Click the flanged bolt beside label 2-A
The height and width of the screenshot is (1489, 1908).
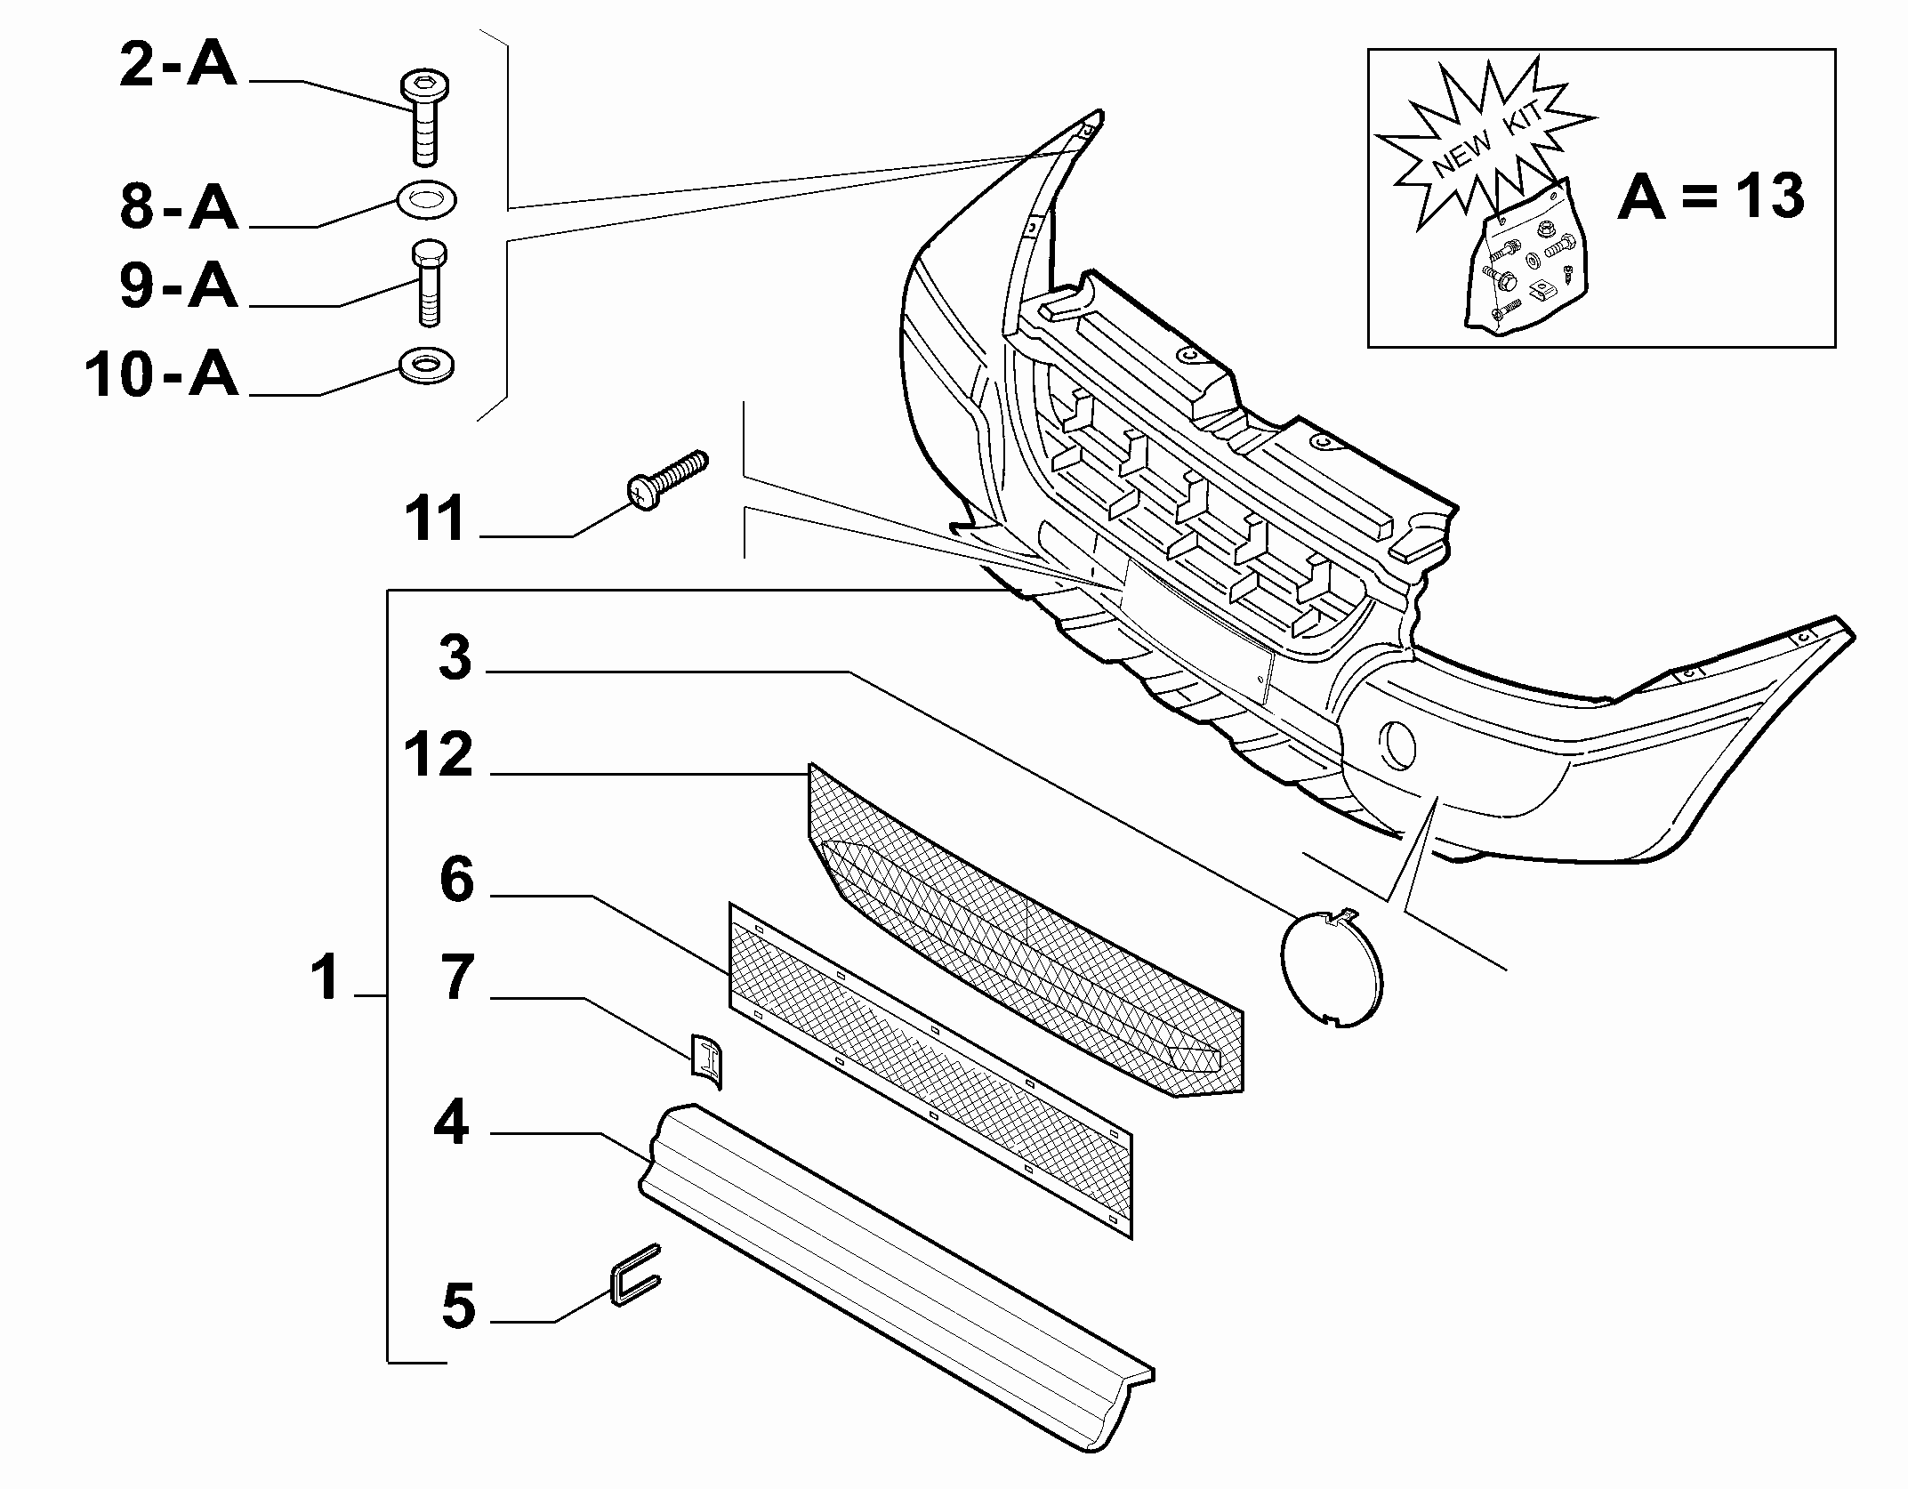[424, 119]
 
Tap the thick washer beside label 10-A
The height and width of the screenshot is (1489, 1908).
[428, 366]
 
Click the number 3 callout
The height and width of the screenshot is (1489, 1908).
[455, 659]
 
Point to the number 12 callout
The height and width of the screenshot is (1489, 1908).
[438, 756]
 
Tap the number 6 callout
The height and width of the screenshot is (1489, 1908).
[457, 880]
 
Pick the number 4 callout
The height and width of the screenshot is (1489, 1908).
[451, 1123]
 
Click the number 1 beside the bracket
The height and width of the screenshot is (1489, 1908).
[326, 977]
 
